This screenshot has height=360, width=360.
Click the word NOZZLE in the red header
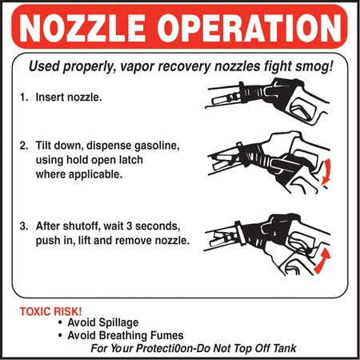tap(82, 28)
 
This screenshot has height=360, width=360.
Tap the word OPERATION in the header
tap(250, 28)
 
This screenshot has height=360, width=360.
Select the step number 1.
tap(24, 97)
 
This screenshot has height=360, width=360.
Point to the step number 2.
tap(24, 146)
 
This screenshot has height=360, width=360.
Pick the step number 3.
tap(24, 226)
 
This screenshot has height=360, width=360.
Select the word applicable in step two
tap(96, 174)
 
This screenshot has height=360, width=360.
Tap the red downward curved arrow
tap(326, 172)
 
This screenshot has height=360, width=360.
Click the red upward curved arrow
tap(322, 261)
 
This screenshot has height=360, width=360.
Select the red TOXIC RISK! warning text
tap(50, 311)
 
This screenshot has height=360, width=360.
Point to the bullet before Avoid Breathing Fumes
tap(60, 336)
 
